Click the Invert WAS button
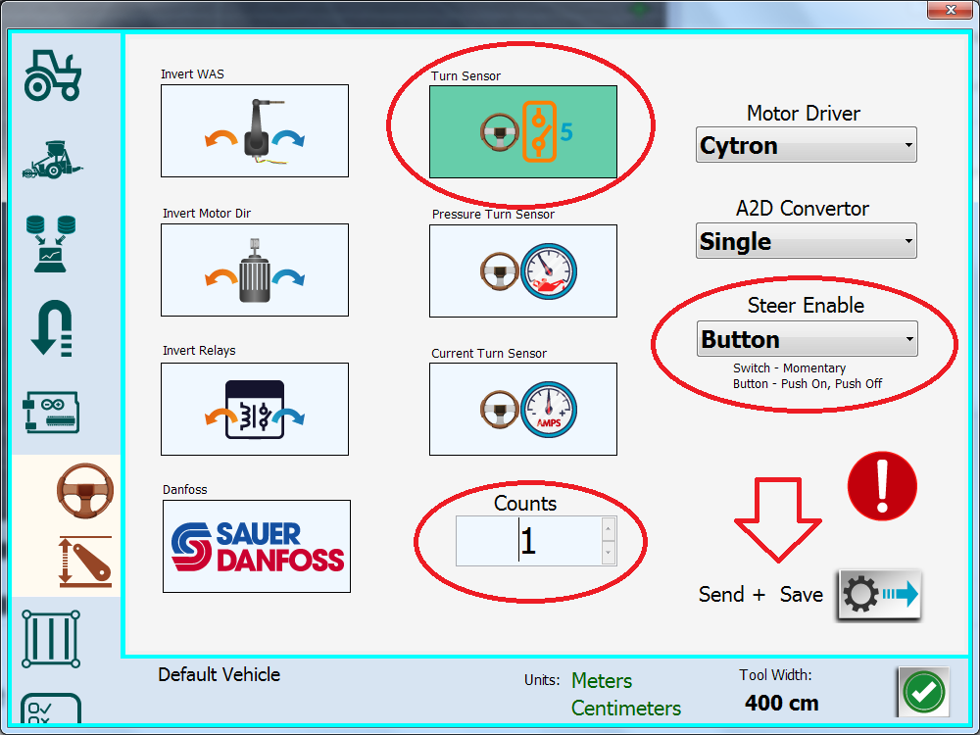pyautogui.click(x=255, y=130)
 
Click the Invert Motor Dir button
pyautogui.click(x=255, y=270)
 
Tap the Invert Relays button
pyautogui.click(x=255, y=410)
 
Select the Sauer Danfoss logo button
pyautogui.click(x=256, y=546)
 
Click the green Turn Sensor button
pyautogui.click(x=523, y=132)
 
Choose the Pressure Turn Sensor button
pyautogui.click(x=523, y=271)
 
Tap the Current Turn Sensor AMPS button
pyautogui.click(x=523, y=410)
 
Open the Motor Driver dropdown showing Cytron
pyautogui.click(x=807, y=145)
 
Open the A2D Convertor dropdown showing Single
pyautogui.click(x=807, y=241)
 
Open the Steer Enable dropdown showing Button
pyautogui.click(x=807, y=339)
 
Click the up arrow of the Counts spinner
pyautogui.click(x=609, y=529)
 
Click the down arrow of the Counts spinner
pyautogui.click(x=609, y=553)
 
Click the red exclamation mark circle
pyautogui.click(x=882, y=486)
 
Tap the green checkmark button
pyautogui.click(x=924, y=692)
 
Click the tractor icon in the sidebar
pyautogui.click(x=53, y=75)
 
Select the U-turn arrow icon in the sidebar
pyautogui.click(x=52, y=328)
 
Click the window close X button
pyautogui.click(x=951, y=10)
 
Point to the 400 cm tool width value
pyautogui.click(x=781, y=703)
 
